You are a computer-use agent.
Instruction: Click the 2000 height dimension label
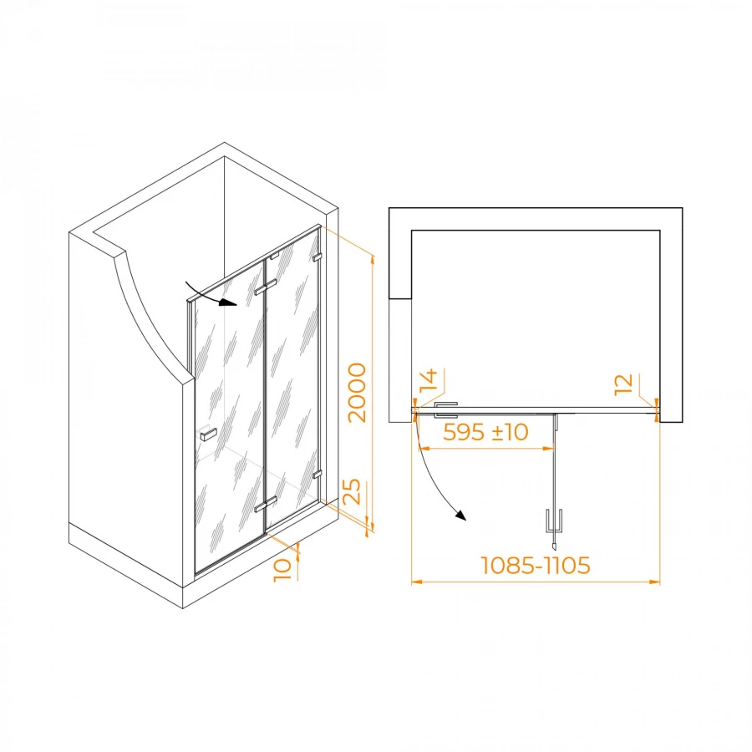pos(357,393)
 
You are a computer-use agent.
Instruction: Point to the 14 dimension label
pos(429,384)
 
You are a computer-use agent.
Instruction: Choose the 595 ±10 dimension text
pos(485,433)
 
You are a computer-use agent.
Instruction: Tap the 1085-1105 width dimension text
pos(536,566)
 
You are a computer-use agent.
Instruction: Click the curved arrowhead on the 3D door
pos(229,303)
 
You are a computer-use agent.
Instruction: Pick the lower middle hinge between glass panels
pos(266,505)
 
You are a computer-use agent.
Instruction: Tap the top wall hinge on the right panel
pos(318,258)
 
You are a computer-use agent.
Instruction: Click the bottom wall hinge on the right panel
pos(317,475)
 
